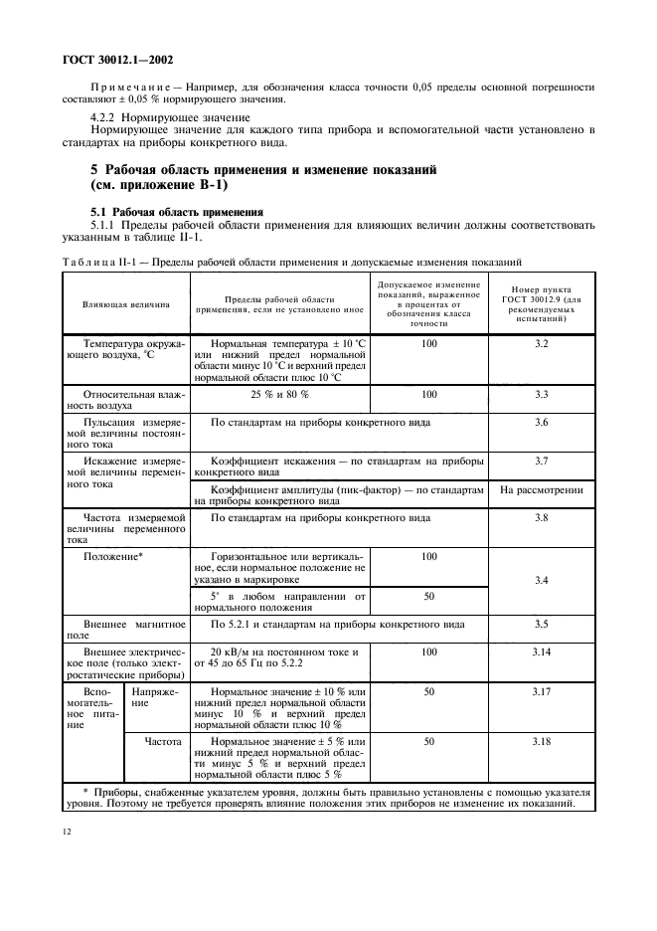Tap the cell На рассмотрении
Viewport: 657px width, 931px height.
pos(541,490)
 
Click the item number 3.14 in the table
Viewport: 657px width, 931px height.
pos(541,652)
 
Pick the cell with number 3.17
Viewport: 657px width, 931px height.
pos(541,690)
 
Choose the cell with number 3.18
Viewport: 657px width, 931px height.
pos(541,742)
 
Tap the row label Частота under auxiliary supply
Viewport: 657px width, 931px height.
pos(154,742)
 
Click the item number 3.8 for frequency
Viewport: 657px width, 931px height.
pos(541,518)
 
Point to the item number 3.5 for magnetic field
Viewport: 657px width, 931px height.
pos(541,624)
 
